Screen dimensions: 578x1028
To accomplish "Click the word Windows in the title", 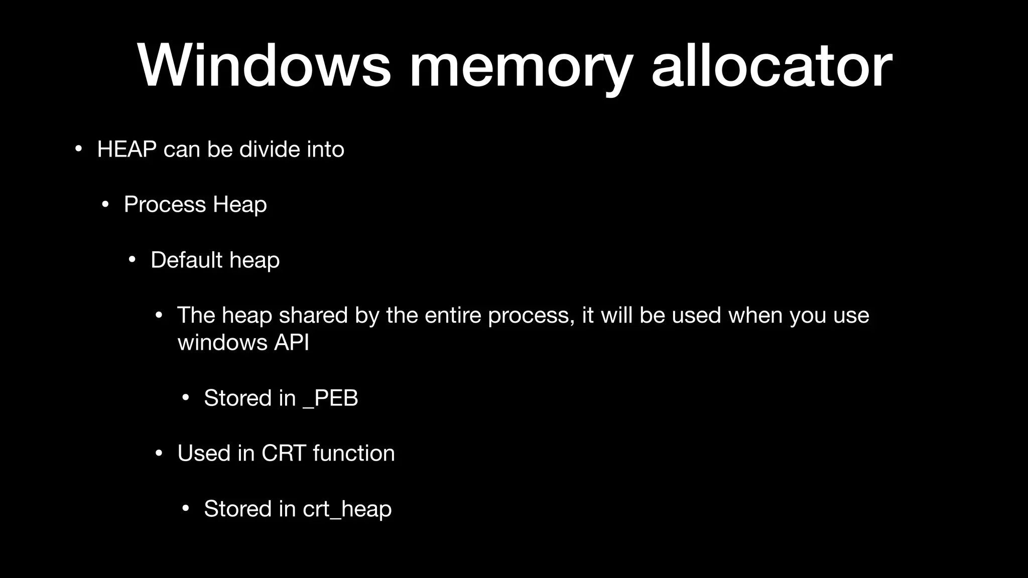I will pyautogui.click(x=264, y=66).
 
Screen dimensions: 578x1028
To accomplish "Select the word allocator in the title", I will pyautogui.click(x=772, y=66).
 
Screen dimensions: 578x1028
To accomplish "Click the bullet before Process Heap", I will pyautogui.click(x=105, y=205).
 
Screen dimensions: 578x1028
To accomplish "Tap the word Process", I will pyautogui.click(x=165, y=205).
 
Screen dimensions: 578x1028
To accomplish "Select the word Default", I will pyautogui.click(x=186, y=260).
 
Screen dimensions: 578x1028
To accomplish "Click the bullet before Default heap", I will pyautogui.click(x=132, y=260).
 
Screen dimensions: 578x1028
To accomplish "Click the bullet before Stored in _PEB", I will pyautogui.click(x=185, y=398).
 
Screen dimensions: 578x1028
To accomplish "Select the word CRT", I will pyautogui.click(x=284, y=454).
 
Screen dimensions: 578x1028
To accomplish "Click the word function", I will pyautogui.click(x=354, y=454).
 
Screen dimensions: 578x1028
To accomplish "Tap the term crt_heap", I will pyautogui.click(x=347, y=509).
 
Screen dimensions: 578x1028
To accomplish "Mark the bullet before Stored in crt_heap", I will pyautogui.click(x=185, y=509).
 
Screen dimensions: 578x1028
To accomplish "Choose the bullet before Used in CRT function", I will pyautogui.click(x=159, y=454).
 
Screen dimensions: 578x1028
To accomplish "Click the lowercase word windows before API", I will pyautogui.click(x=222, y=343).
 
